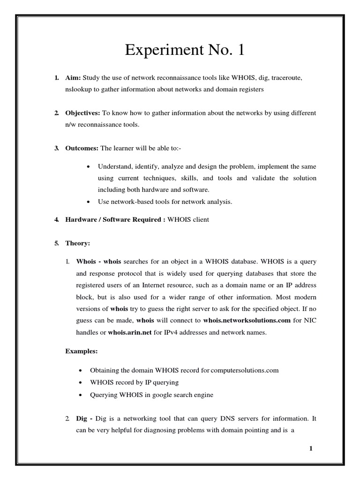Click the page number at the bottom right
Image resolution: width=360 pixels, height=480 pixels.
[310, 449]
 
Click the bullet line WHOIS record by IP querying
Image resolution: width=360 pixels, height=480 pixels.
[132, 382]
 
